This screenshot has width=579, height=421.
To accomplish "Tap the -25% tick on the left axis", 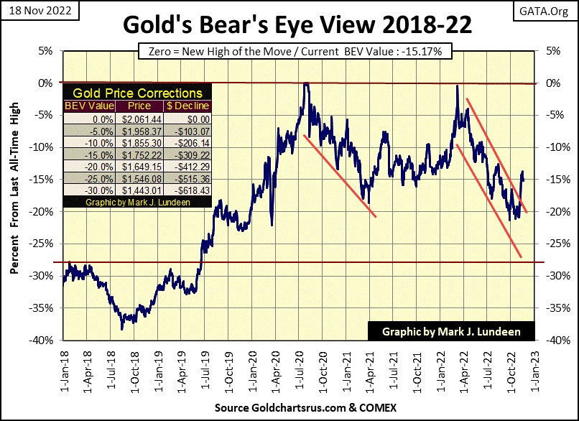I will point(47,244).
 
